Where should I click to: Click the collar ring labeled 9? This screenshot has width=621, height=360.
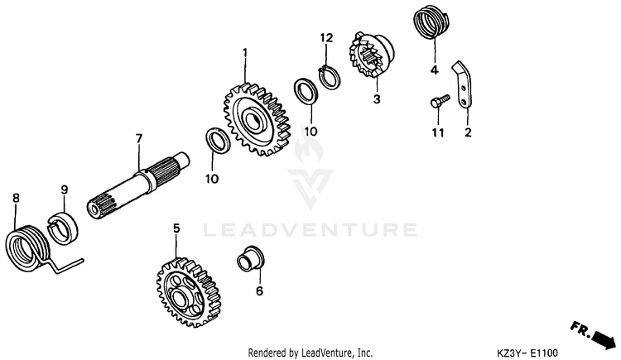[x=62, y=227]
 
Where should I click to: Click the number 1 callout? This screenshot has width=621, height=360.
[x=245, y=53]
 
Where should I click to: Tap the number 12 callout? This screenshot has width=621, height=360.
[x=326, y=37]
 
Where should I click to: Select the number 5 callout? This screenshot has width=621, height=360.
[x=176, y=227]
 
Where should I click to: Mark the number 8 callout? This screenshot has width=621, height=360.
[x=15, y=197]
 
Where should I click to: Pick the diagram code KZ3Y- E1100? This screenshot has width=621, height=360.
[x=539, y=352]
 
